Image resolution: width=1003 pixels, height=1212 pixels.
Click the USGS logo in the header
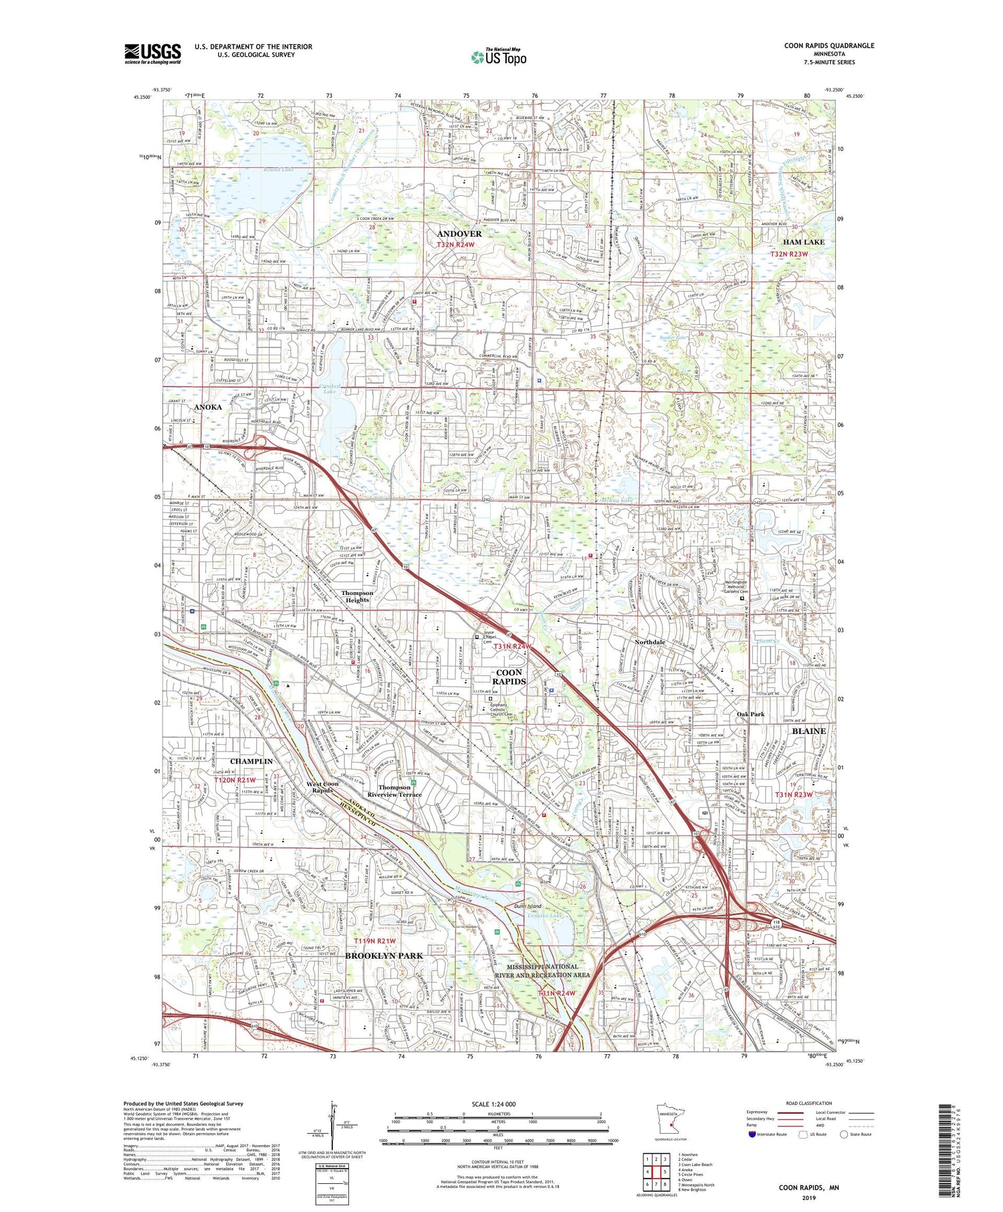tap(152, 53)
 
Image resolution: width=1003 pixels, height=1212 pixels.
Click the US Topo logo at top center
tap(499, 57)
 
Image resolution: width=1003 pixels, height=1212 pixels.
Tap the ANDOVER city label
tap(459, 233)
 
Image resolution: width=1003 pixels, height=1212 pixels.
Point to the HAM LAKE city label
tap(804, 241)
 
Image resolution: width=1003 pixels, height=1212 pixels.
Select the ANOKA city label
tap(207, 406)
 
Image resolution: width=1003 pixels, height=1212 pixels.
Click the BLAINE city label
tap(808, 731)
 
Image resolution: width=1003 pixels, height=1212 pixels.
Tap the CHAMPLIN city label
tap(251, 761)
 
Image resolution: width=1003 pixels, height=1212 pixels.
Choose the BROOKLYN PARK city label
tap(384, 955)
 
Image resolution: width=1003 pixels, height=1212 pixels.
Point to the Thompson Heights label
tap(357, 596)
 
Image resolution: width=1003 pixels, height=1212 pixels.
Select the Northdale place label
tap(649, 642)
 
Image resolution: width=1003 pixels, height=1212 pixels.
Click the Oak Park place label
tap(750, 714)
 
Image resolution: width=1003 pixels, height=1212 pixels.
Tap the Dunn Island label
tap(528, 906)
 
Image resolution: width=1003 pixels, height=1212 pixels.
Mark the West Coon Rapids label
tap(322, 787)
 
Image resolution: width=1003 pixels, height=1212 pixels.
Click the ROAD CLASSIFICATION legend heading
tap(809, 1103)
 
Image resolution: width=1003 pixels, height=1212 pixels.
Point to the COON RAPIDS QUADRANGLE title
tap(829, 45)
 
